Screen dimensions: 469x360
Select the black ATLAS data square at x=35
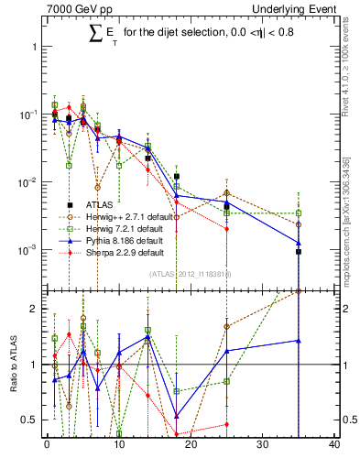(x=299, y=252)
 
